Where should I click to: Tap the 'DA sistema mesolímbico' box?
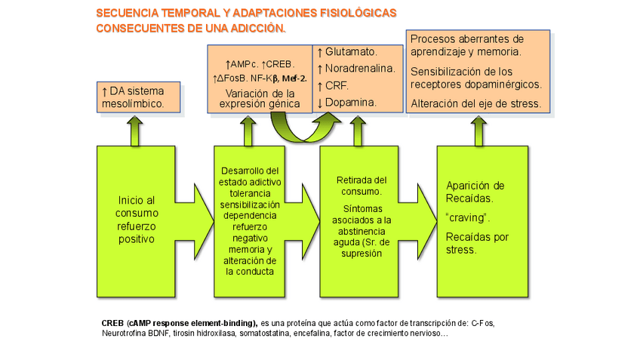coord(141,97)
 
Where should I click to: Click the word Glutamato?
coord(351,52)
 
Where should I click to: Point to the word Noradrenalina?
coord(359,69)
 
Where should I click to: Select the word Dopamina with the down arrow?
coord(351,102)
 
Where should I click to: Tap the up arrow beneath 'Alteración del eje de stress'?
coord(478,130)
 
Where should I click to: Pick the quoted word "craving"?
coord(468,217)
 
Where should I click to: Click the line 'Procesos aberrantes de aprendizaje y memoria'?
coord(465,45)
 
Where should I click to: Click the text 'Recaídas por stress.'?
coord(475,243)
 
